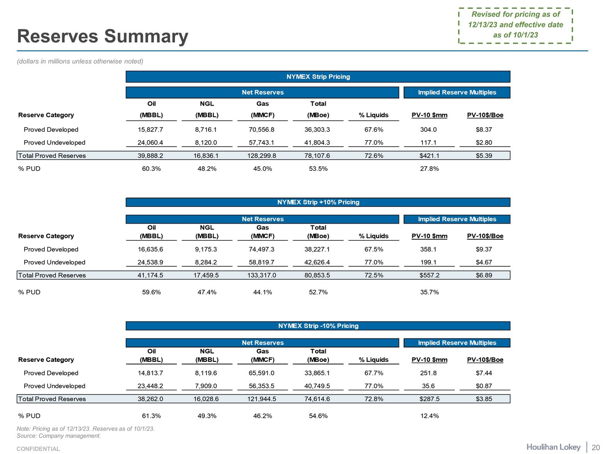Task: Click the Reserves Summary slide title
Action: point(102,36)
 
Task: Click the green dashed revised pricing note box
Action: point(515,25)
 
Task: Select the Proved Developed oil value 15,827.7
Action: point(151,129)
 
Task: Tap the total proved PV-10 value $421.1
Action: point(429,156)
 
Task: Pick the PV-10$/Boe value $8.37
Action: point(484,129)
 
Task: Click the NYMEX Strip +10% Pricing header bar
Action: point(318,202)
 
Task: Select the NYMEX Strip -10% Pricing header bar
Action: point(318,326)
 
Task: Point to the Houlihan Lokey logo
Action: point(553,447)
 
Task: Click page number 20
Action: point(595,447)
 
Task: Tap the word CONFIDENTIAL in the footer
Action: point(38,449)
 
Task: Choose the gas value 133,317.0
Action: point(262,275)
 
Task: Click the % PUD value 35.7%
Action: point(429,292)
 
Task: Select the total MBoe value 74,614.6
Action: point(318,399)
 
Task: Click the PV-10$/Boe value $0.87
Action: point(484,386)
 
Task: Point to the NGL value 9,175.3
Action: point(207,249)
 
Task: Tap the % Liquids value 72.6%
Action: point(374,156)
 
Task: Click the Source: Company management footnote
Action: point(59,436)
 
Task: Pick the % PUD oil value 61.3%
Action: point(151,416)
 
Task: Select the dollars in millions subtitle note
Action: point(80,61)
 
